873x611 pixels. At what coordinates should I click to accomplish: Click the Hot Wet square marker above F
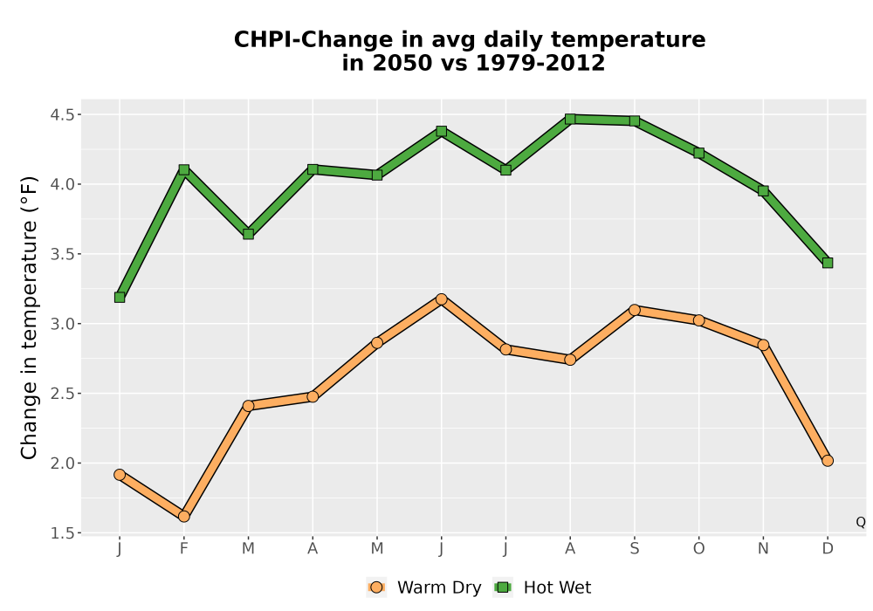coord(183,169)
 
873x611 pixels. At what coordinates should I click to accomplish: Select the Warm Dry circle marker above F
coord(183,517)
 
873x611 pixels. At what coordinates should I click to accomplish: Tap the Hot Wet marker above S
coord(634,120)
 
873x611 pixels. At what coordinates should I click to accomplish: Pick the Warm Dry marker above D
coord(828,461)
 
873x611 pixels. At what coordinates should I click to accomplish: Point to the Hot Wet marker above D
coord(828,263)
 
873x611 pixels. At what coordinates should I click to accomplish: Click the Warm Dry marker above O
coord(698,320)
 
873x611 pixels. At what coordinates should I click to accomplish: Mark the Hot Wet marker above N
coord(763,191)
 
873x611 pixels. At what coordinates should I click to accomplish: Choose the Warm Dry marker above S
coord(634,310)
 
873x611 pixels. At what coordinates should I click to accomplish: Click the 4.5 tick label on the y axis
coord(62,114)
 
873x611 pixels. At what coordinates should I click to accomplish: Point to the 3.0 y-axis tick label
coord(62,324)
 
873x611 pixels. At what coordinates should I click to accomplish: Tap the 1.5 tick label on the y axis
coord(62,533)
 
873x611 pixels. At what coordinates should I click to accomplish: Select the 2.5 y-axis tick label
coord(62,394)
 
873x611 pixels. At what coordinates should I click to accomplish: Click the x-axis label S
coord(634,549)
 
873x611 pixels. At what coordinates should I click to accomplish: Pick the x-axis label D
coord(828,549)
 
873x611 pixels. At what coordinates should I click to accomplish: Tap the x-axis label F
coord(183,549)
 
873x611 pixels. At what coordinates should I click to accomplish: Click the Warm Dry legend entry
coord(423,587)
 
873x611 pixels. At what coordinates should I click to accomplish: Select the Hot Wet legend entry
coord(542,587)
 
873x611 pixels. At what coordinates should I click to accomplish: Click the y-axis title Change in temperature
coord(29,317)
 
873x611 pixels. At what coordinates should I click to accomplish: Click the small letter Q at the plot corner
coord(861,522)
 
